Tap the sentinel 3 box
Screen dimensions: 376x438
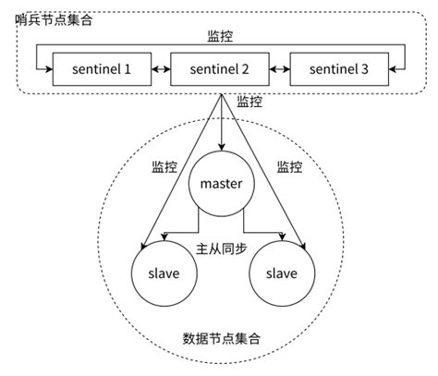(339, 69)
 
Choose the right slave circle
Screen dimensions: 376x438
(281, 273)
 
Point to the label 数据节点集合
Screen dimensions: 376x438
(222, 339)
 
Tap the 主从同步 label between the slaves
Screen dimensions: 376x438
(221, 249)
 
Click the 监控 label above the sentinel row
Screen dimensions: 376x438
(221, 39)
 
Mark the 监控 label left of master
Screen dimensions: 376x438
(164, 168)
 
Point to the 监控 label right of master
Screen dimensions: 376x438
(289, 168)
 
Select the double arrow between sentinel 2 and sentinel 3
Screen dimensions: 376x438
(280, 69)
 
